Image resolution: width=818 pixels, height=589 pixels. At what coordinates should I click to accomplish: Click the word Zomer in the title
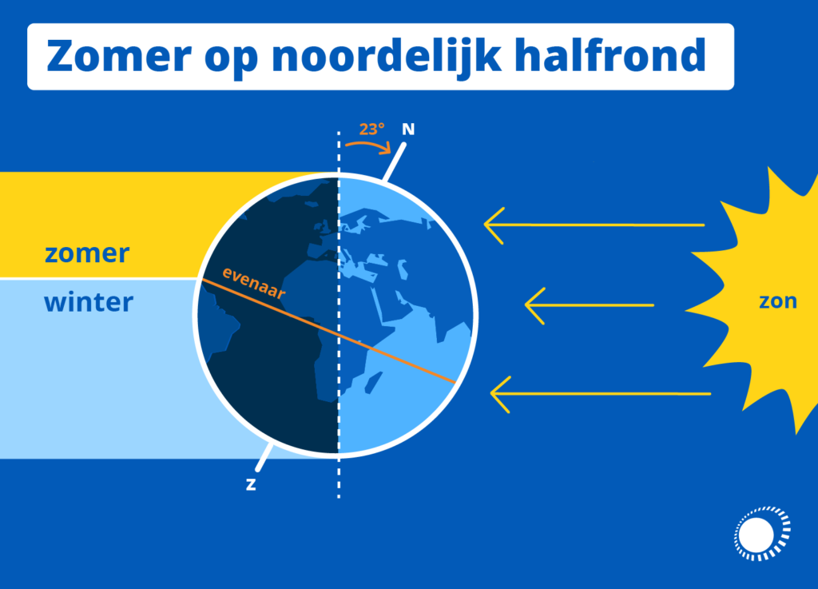119,55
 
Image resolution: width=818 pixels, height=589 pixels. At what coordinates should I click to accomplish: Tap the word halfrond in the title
610,55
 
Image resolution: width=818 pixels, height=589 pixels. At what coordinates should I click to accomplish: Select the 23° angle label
372,129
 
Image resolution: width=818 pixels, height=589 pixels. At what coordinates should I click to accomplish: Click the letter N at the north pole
408,129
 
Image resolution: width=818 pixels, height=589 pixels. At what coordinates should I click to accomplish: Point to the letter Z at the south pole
251,484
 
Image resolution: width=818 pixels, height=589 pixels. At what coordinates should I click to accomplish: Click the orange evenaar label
253,283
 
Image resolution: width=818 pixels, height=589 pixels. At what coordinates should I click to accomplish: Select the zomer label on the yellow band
87,254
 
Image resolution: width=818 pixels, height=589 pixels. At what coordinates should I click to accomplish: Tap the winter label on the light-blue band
89,302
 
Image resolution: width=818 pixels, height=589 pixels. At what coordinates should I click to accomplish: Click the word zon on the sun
778,301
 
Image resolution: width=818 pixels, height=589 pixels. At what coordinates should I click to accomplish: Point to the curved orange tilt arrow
368,144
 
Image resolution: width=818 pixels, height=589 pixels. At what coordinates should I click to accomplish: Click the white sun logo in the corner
762,534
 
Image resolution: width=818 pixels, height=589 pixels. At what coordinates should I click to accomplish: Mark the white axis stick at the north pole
395,161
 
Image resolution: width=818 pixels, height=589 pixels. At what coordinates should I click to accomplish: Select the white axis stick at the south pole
264,457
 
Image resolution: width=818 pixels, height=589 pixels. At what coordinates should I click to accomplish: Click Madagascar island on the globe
373,382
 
